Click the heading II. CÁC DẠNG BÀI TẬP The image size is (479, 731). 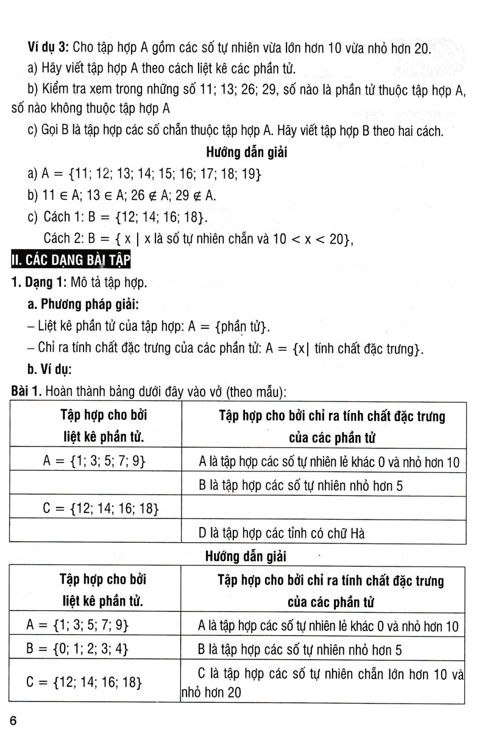click(66, 261)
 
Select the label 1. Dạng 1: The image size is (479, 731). click(40, 283)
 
